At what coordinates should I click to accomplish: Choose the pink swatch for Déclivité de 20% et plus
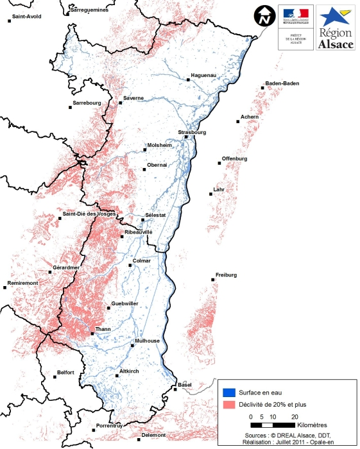228,405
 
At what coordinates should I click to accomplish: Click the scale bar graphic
272,425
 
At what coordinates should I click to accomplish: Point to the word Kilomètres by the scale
313,425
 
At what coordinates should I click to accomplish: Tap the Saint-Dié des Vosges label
88,214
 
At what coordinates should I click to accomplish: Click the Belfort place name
66,373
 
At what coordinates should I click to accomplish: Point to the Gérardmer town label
66,267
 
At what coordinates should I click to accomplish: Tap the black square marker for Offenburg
219,164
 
